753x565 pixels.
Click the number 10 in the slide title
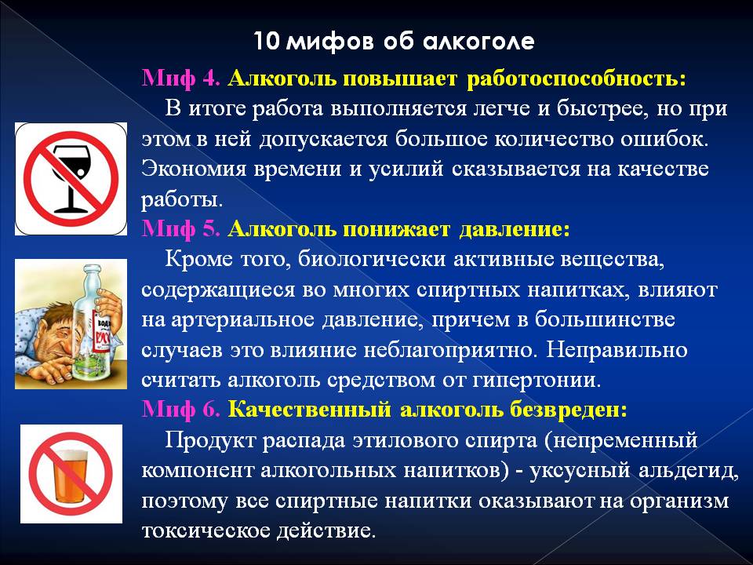click(x=266, y=42)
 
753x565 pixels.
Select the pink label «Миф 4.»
click(x=180, y=78)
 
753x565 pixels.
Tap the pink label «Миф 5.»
click(x=180, y=229)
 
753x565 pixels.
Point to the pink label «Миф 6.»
click(x=180, y=410)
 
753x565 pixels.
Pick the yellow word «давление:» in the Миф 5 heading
click(x=515, y=230)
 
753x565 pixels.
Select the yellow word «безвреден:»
click(x=569, y=410)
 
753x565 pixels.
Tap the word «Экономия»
click(x=194, y=169)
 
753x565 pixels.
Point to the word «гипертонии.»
click(x=537, y=381)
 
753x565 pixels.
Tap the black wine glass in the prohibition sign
click(x=71, y=178)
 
